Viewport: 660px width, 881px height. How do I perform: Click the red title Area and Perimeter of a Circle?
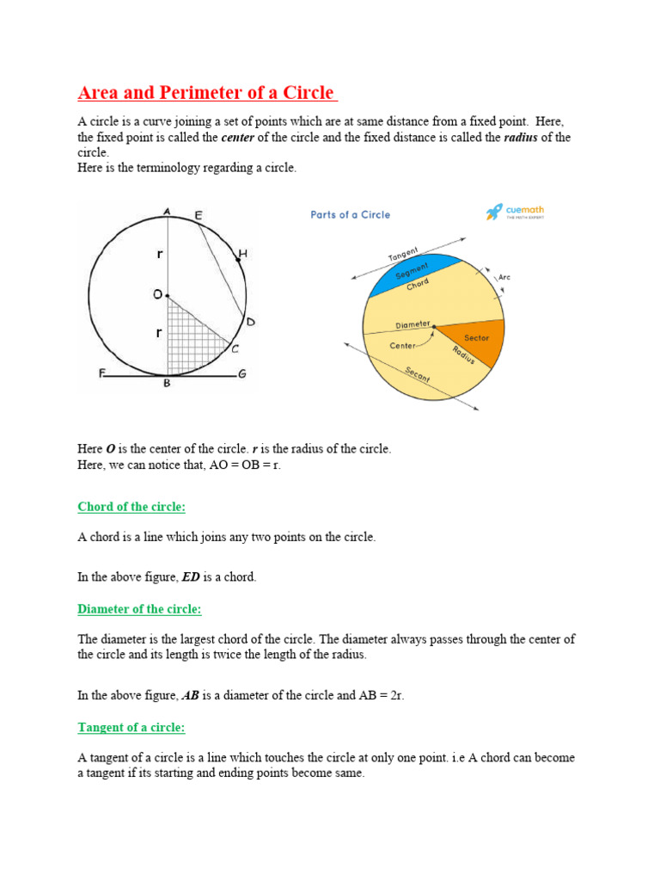click(x=207, y=93)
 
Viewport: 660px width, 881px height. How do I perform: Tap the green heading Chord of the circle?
click(x=131, y=507)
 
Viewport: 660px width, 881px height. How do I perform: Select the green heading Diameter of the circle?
click(x=139, y=609)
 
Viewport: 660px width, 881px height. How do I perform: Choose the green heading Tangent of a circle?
click(x=131, y=727)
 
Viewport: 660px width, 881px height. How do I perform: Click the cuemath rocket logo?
click(x=494, y=212)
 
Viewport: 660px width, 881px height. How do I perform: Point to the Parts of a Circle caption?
click(x=350, y=215)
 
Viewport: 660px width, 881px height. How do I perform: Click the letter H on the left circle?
click(x=243, y=254)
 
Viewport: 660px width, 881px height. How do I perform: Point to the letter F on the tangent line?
click(x=101, y=373)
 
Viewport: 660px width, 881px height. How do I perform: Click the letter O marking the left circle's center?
click(x=157, y=294)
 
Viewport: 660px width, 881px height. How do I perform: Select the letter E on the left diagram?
click(x=199, y=215)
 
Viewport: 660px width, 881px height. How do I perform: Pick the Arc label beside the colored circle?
click(x=504, y=278)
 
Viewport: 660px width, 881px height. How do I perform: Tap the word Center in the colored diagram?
click(x=402, y=346)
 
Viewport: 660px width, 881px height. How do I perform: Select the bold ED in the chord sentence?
click(x=191, y=577)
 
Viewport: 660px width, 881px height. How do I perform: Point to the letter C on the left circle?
click(x=235, y=349)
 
